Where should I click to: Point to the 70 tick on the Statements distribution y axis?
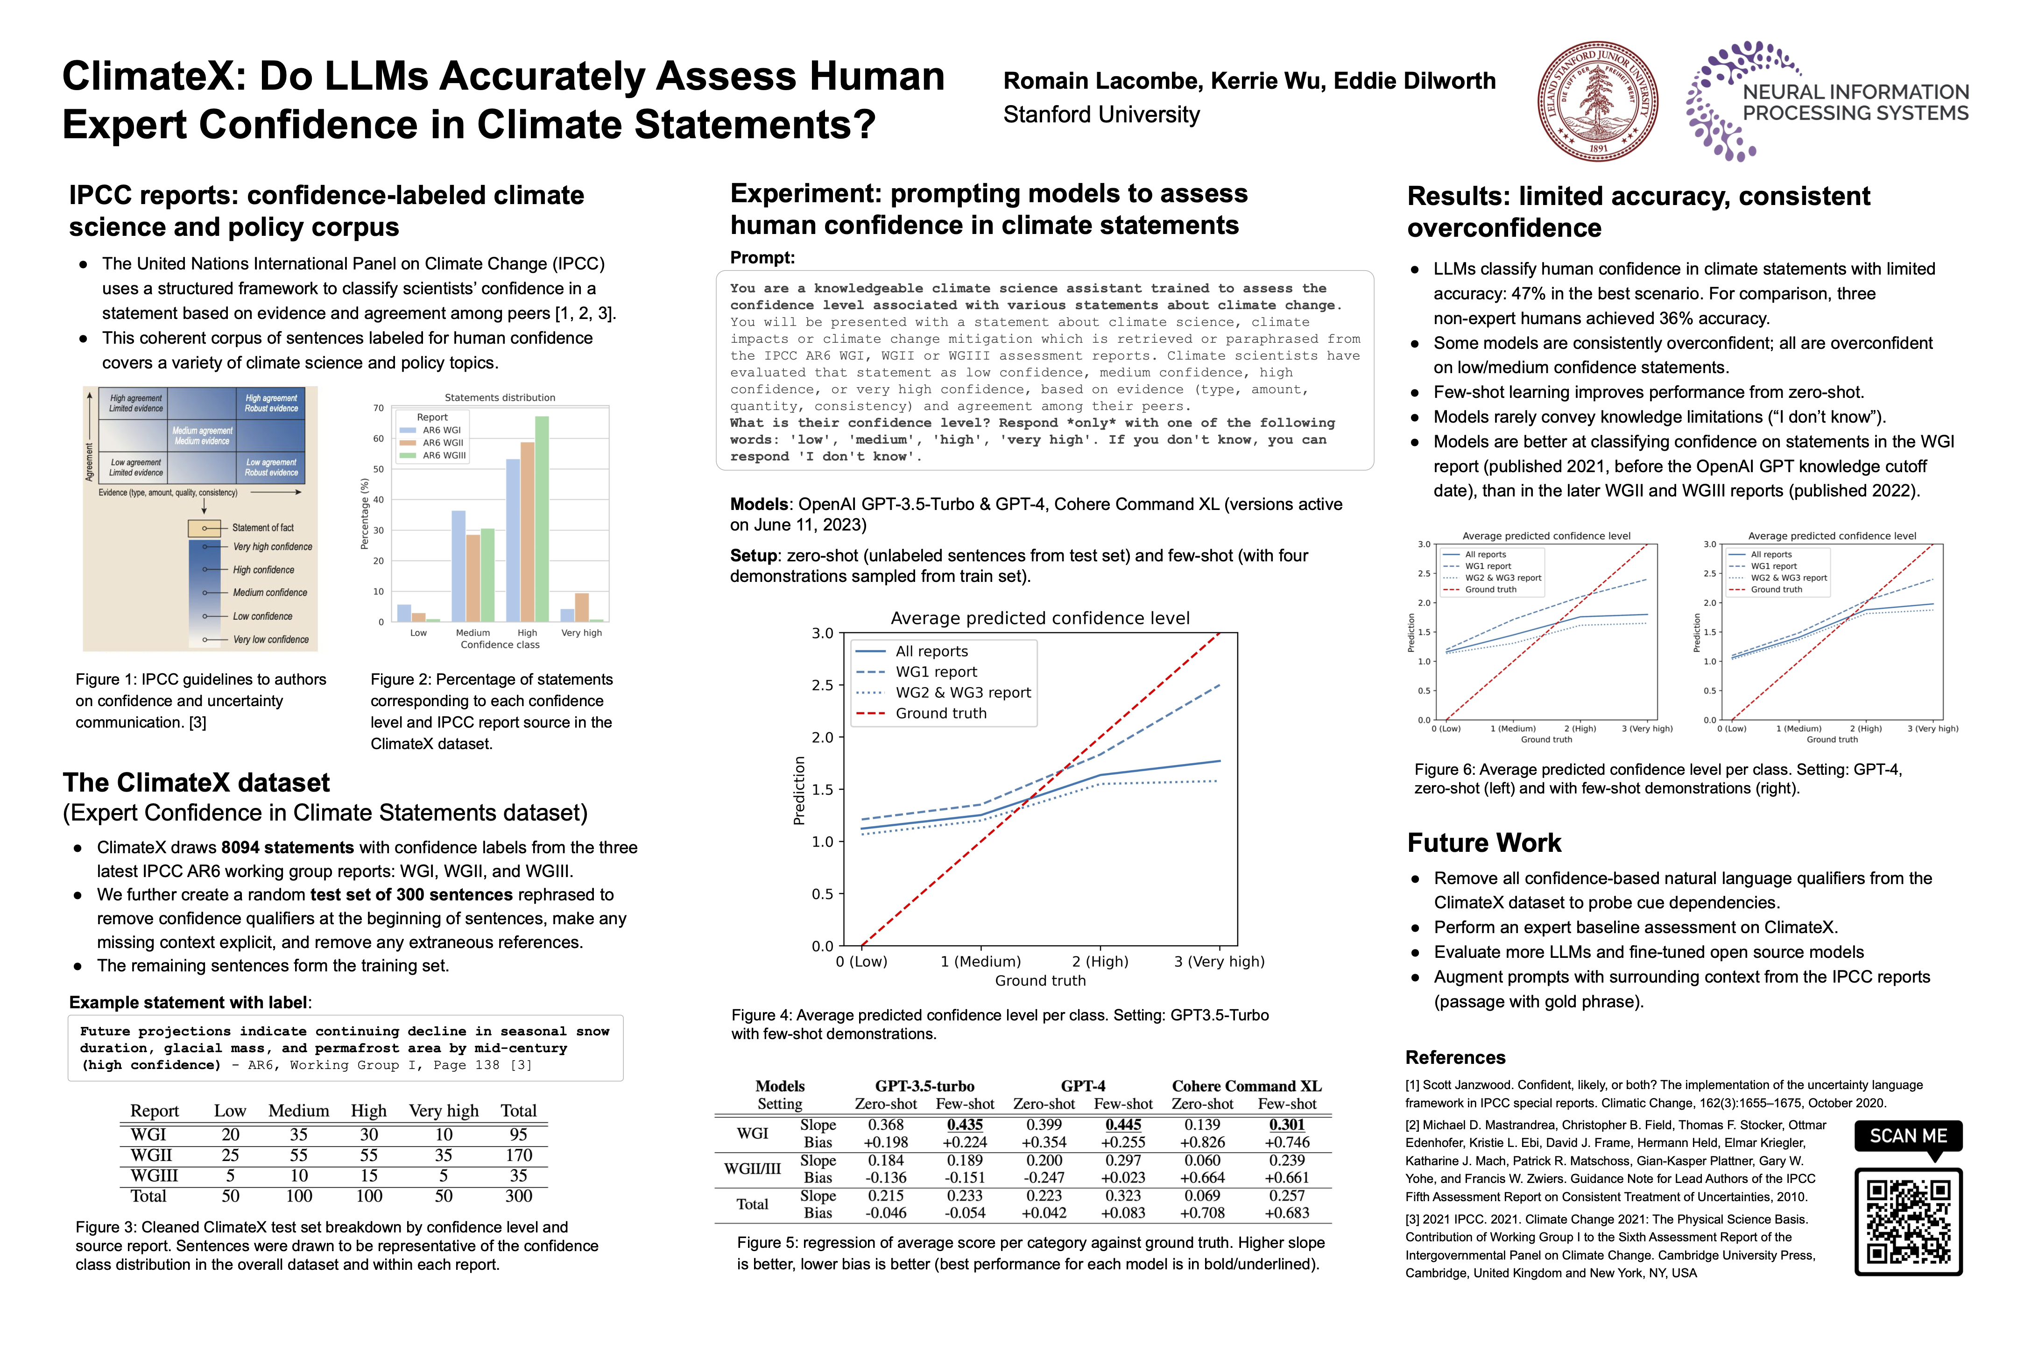(x=378, y=408)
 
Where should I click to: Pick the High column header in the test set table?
(x=369, y=1111)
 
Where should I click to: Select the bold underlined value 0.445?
(x=1123, y=1125)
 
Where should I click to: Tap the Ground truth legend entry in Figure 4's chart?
(x=941, y=714)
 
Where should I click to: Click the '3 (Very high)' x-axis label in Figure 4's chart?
(x=1219, y=962)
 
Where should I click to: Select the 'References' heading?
(x=1455, y=1058)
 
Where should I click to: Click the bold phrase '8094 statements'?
(x=287, y=848)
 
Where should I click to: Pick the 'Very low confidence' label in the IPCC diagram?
(x=271, y=640)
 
